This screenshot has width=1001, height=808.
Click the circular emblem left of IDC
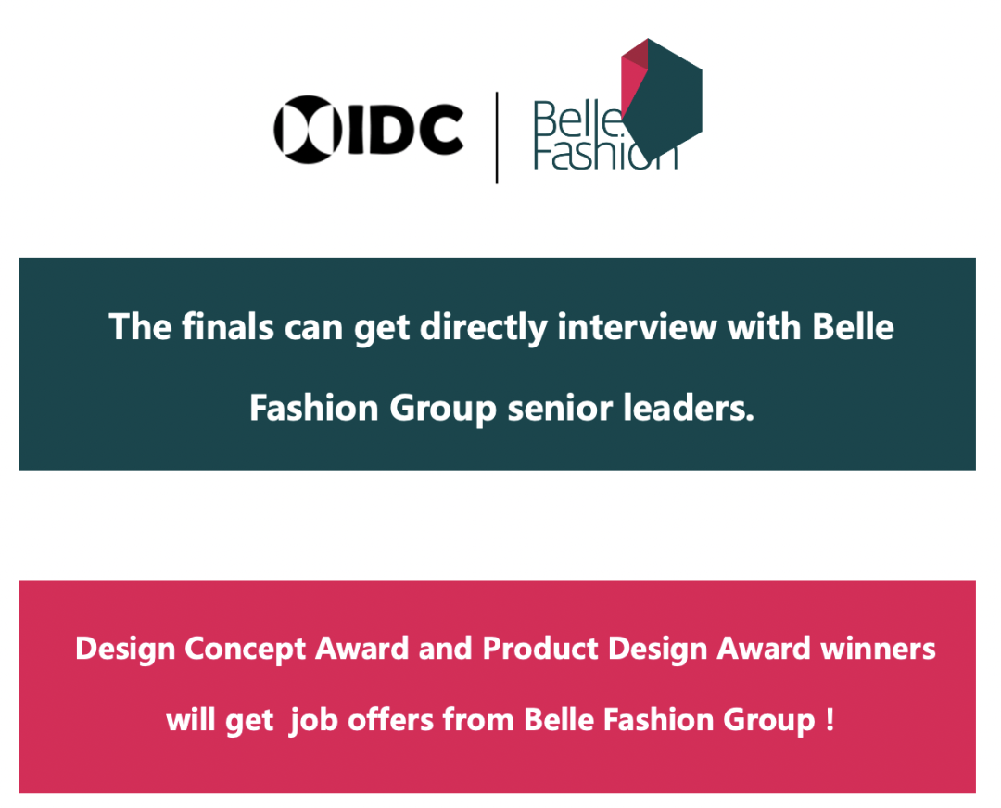point(308,130)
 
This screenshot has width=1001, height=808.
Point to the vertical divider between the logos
point(497,138)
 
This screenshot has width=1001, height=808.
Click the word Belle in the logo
point(577,120)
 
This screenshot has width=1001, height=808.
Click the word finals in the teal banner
point(228,327)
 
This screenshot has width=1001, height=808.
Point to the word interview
point(637,327)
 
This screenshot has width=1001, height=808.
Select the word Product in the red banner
point(540,649)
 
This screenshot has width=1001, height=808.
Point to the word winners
point(878,649)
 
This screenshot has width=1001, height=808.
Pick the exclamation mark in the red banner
point(830,720)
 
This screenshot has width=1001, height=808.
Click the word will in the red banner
point(190,719)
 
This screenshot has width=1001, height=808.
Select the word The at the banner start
point(140,327)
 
